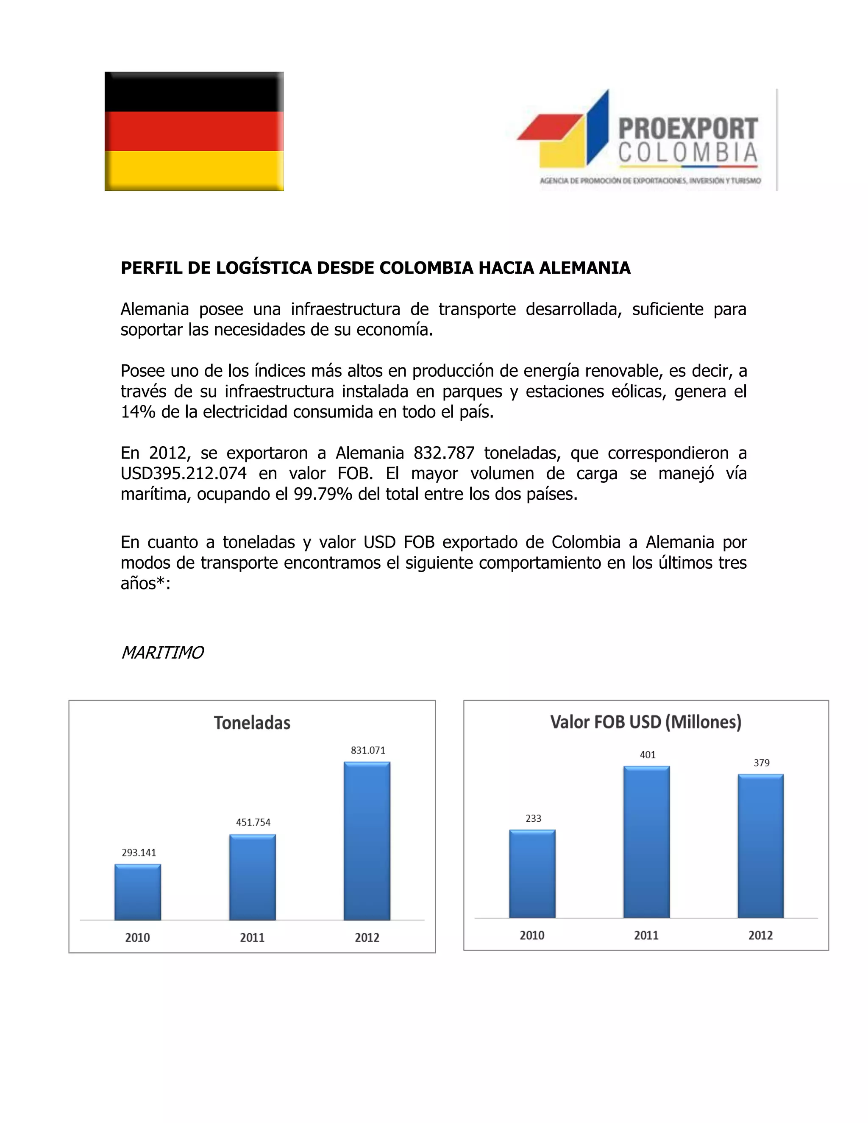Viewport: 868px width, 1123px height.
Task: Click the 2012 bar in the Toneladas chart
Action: [x=367, y=841]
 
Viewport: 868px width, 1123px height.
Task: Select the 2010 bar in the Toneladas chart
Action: [x=138, y=892]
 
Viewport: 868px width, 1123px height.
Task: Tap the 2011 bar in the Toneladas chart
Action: [x=253, y=877]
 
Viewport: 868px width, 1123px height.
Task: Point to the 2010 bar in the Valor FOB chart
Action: [x=532, y=874]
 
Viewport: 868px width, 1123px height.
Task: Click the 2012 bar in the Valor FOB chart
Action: [x=760, y=846]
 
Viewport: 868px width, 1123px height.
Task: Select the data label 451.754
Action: [x=253, y=822]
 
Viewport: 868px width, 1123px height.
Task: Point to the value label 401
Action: [x=648, y=755]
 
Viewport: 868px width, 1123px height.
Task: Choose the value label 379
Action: [x=762, y=762]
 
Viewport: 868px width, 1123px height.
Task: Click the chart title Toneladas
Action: [x=252, y=723]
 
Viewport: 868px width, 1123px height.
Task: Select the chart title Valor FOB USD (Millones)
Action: [x=646, y=722]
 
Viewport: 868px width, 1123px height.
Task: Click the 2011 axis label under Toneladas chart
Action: [x=252, y=937]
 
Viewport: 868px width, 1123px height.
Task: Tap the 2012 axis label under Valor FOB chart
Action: [x=760, y=935]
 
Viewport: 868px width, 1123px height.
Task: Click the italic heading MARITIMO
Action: [x=162, y=653]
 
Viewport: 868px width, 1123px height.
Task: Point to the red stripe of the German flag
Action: [x=195, y=131]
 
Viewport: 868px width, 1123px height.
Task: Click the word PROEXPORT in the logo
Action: [x=688, y=128]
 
